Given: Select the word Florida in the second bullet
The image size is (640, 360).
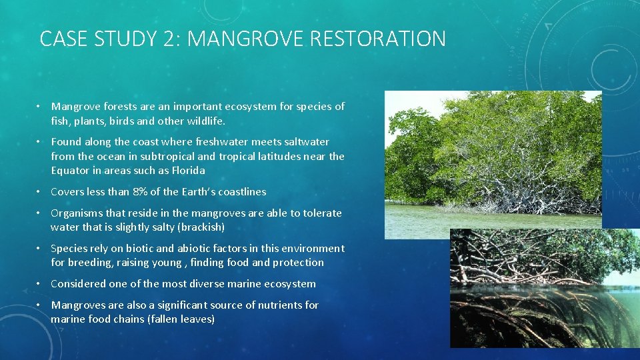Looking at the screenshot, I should pyautogui.click(x=189, y=170).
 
